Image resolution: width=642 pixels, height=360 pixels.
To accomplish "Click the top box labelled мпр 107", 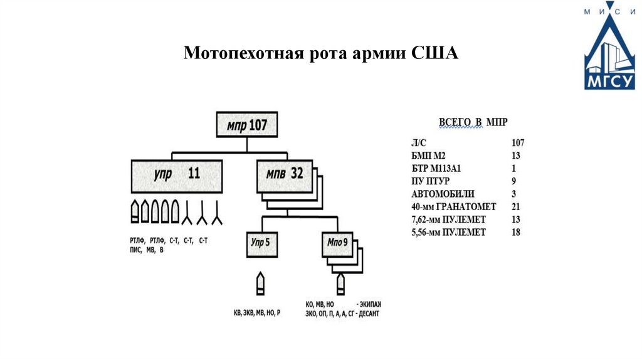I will (x=246, y=125).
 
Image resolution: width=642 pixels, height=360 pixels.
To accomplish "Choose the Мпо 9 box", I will (x=338, y=242).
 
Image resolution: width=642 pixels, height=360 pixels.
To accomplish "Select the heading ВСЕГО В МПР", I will (x=472, y=121).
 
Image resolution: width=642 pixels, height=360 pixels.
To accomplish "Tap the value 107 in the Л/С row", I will (x=517, y=143).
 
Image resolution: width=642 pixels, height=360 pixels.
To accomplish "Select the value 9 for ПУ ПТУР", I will (x=514, y=181).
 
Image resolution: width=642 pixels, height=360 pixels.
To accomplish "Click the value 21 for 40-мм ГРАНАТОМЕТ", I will (x=516, y=206).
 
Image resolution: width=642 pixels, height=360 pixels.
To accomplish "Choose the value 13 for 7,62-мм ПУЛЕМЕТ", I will (x=516, y=220).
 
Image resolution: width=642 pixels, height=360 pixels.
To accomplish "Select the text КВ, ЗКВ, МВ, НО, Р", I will (x=256, y=312).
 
